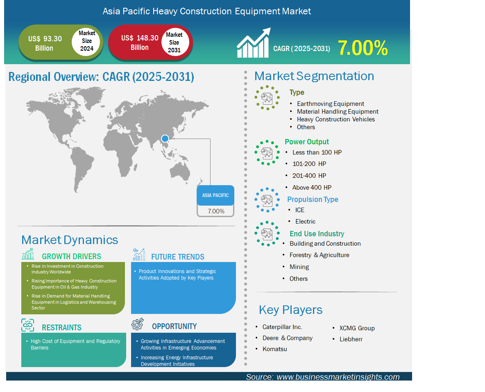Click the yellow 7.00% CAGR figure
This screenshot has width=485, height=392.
(363, 48)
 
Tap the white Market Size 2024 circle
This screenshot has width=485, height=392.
(86, 41)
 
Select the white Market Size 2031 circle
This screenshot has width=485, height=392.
(175, 42)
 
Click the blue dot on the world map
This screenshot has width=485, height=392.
(165, 138)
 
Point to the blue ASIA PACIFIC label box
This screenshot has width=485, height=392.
(215, 195)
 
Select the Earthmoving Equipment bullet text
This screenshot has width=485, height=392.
(330, 104)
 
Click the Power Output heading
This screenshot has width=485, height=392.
(306, 142)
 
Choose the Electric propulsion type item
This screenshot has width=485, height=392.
(305, 221)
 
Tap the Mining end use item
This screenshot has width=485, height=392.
(299, 267)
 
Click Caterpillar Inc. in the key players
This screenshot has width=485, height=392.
(282, 327)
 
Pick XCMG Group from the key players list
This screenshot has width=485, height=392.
(357, 328)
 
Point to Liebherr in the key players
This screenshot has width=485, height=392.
(351, 339)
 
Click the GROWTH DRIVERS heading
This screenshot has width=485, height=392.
(71, 257)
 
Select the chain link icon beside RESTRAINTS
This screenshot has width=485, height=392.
(28, 325)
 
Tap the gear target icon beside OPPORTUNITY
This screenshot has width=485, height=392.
(138, 324)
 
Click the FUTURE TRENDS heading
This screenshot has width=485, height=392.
(177, 257)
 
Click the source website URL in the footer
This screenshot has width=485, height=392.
(338, 377)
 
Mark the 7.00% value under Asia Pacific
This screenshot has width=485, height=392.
(216, 211)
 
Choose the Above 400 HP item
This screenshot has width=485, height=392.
(312, 187)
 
